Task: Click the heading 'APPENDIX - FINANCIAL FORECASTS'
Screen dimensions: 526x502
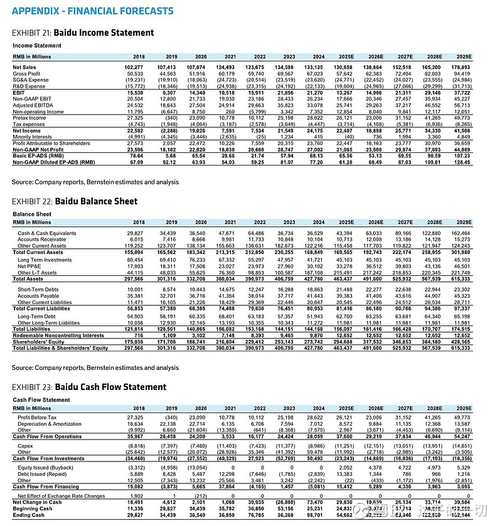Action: [93, 11]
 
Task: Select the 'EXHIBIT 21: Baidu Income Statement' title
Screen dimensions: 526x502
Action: [83, 33]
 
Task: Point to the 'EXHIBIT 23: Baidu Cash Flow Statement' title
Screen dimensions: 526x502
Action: [89, 387]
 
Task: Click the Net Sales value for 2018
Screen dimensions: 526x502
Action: [134, 67]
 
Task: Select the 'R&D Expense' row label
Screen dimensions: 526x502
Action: [30, 86]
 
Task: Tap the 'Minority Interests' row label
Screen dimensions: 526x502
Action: [33, 136]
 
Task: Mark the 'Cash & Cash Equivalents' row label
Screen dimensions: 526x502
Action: [48, 233]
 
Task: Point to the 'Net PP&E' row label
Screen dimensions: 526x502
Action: [31, 266]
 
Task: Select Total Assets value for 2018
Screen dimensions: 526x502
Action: [134, 278]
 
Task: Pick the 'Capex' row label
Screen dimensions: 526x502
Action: [25, 446]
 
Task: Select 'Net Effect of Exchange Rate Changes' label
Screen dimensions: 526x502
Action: [61, 496]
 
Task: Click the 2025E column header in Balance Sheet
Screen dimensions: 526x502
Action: [344, 222]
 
